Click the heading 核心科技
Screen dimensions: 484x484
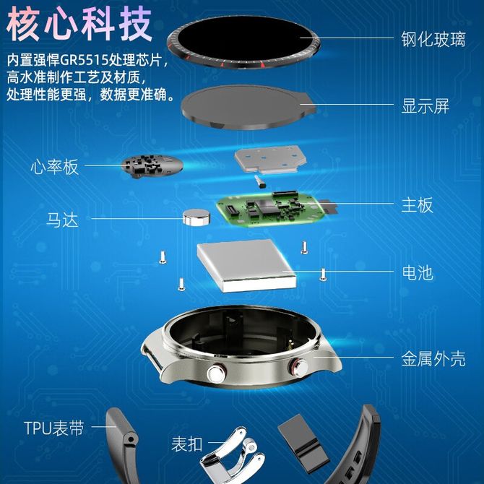click(79, 24)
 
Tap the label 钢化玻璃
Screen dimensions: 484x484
click(433, 39)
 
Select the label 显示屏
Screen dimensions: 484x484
click(425, 106)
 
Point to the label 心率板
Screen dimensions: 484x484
click(55, 167)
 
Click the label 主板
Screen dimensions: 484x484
click(417, 205)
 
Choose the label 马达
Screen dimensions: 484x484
click(62, 220)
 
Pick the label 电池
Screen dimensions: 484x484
click(418, 273)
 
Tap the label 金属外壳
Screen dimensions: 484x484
click(433, 359)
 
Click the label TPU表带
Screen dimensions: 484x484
click(54, 428)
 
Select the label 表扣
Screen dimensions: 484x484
click(187, 444)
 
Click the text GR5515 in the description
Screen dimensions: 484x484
click(84, 60)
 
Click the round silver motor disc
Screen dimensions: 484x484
click(196, 217)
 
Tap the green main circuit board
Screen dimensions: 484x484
click(271, 209)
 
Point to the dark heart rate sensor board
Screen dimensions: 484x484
click(152, 166)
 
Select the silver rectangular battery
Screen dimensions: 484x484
click(246, 266)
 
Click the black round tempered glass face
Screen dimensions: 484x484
click(243, 43)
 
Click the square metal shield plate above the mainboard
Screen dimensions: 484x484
click(270, 159)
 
